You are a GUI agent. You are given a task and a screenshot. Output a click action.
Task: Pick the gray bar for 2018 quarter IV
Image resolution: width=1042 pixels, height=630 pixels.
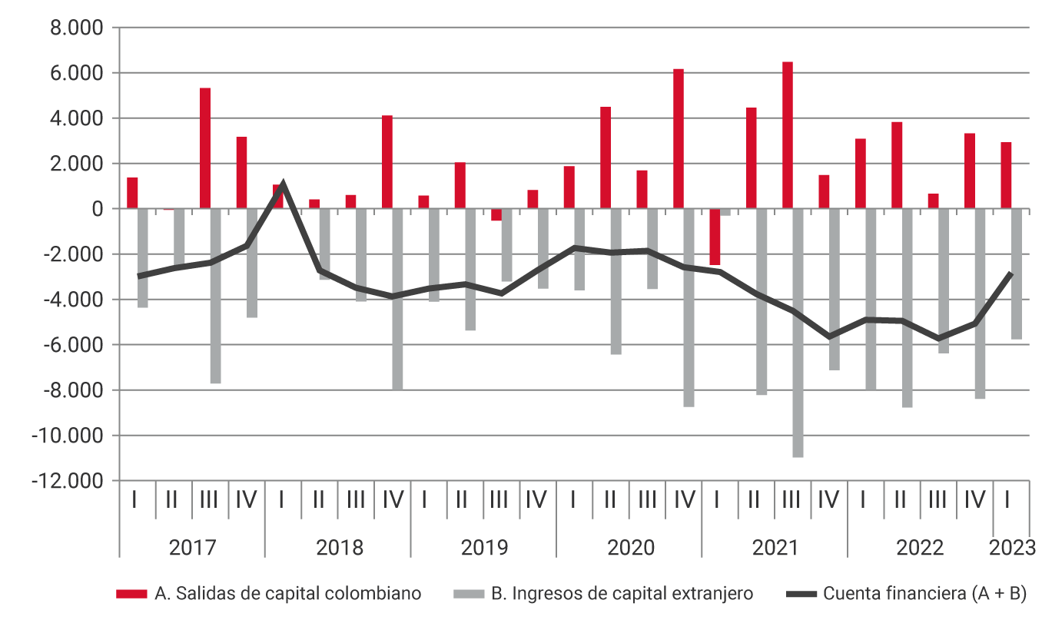tap(397, 299)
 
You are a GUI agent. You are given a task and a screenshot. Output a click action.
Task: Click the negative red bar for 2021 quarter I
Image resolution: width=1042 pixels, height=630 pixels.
tap(715, 237)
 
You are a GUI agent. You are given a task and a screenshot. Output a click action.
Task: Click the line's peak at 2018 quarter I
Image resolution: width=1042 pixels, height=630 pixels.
tap(283, 184)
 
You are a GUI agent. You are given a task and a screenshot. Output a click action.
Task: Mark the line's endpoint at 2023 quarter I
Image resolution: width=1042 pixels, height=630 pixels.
tap(1010, 274)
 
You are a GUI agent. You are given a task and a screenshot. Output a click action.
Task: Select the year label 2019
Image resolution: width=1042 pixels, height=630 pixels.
tap(484, 548)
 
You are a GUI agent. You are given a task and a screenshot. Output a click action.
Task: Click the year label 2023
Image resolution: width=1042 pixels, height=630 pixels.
tap(1010, 548)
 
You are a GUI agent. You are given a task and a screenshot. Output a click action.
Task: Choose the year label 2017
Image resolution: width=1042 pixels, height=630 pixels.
tap(192, 548)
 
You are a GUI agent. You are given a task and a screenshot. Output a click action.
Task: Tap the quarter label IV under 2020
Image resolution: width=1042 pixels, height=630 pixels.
tap(683, 500)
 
